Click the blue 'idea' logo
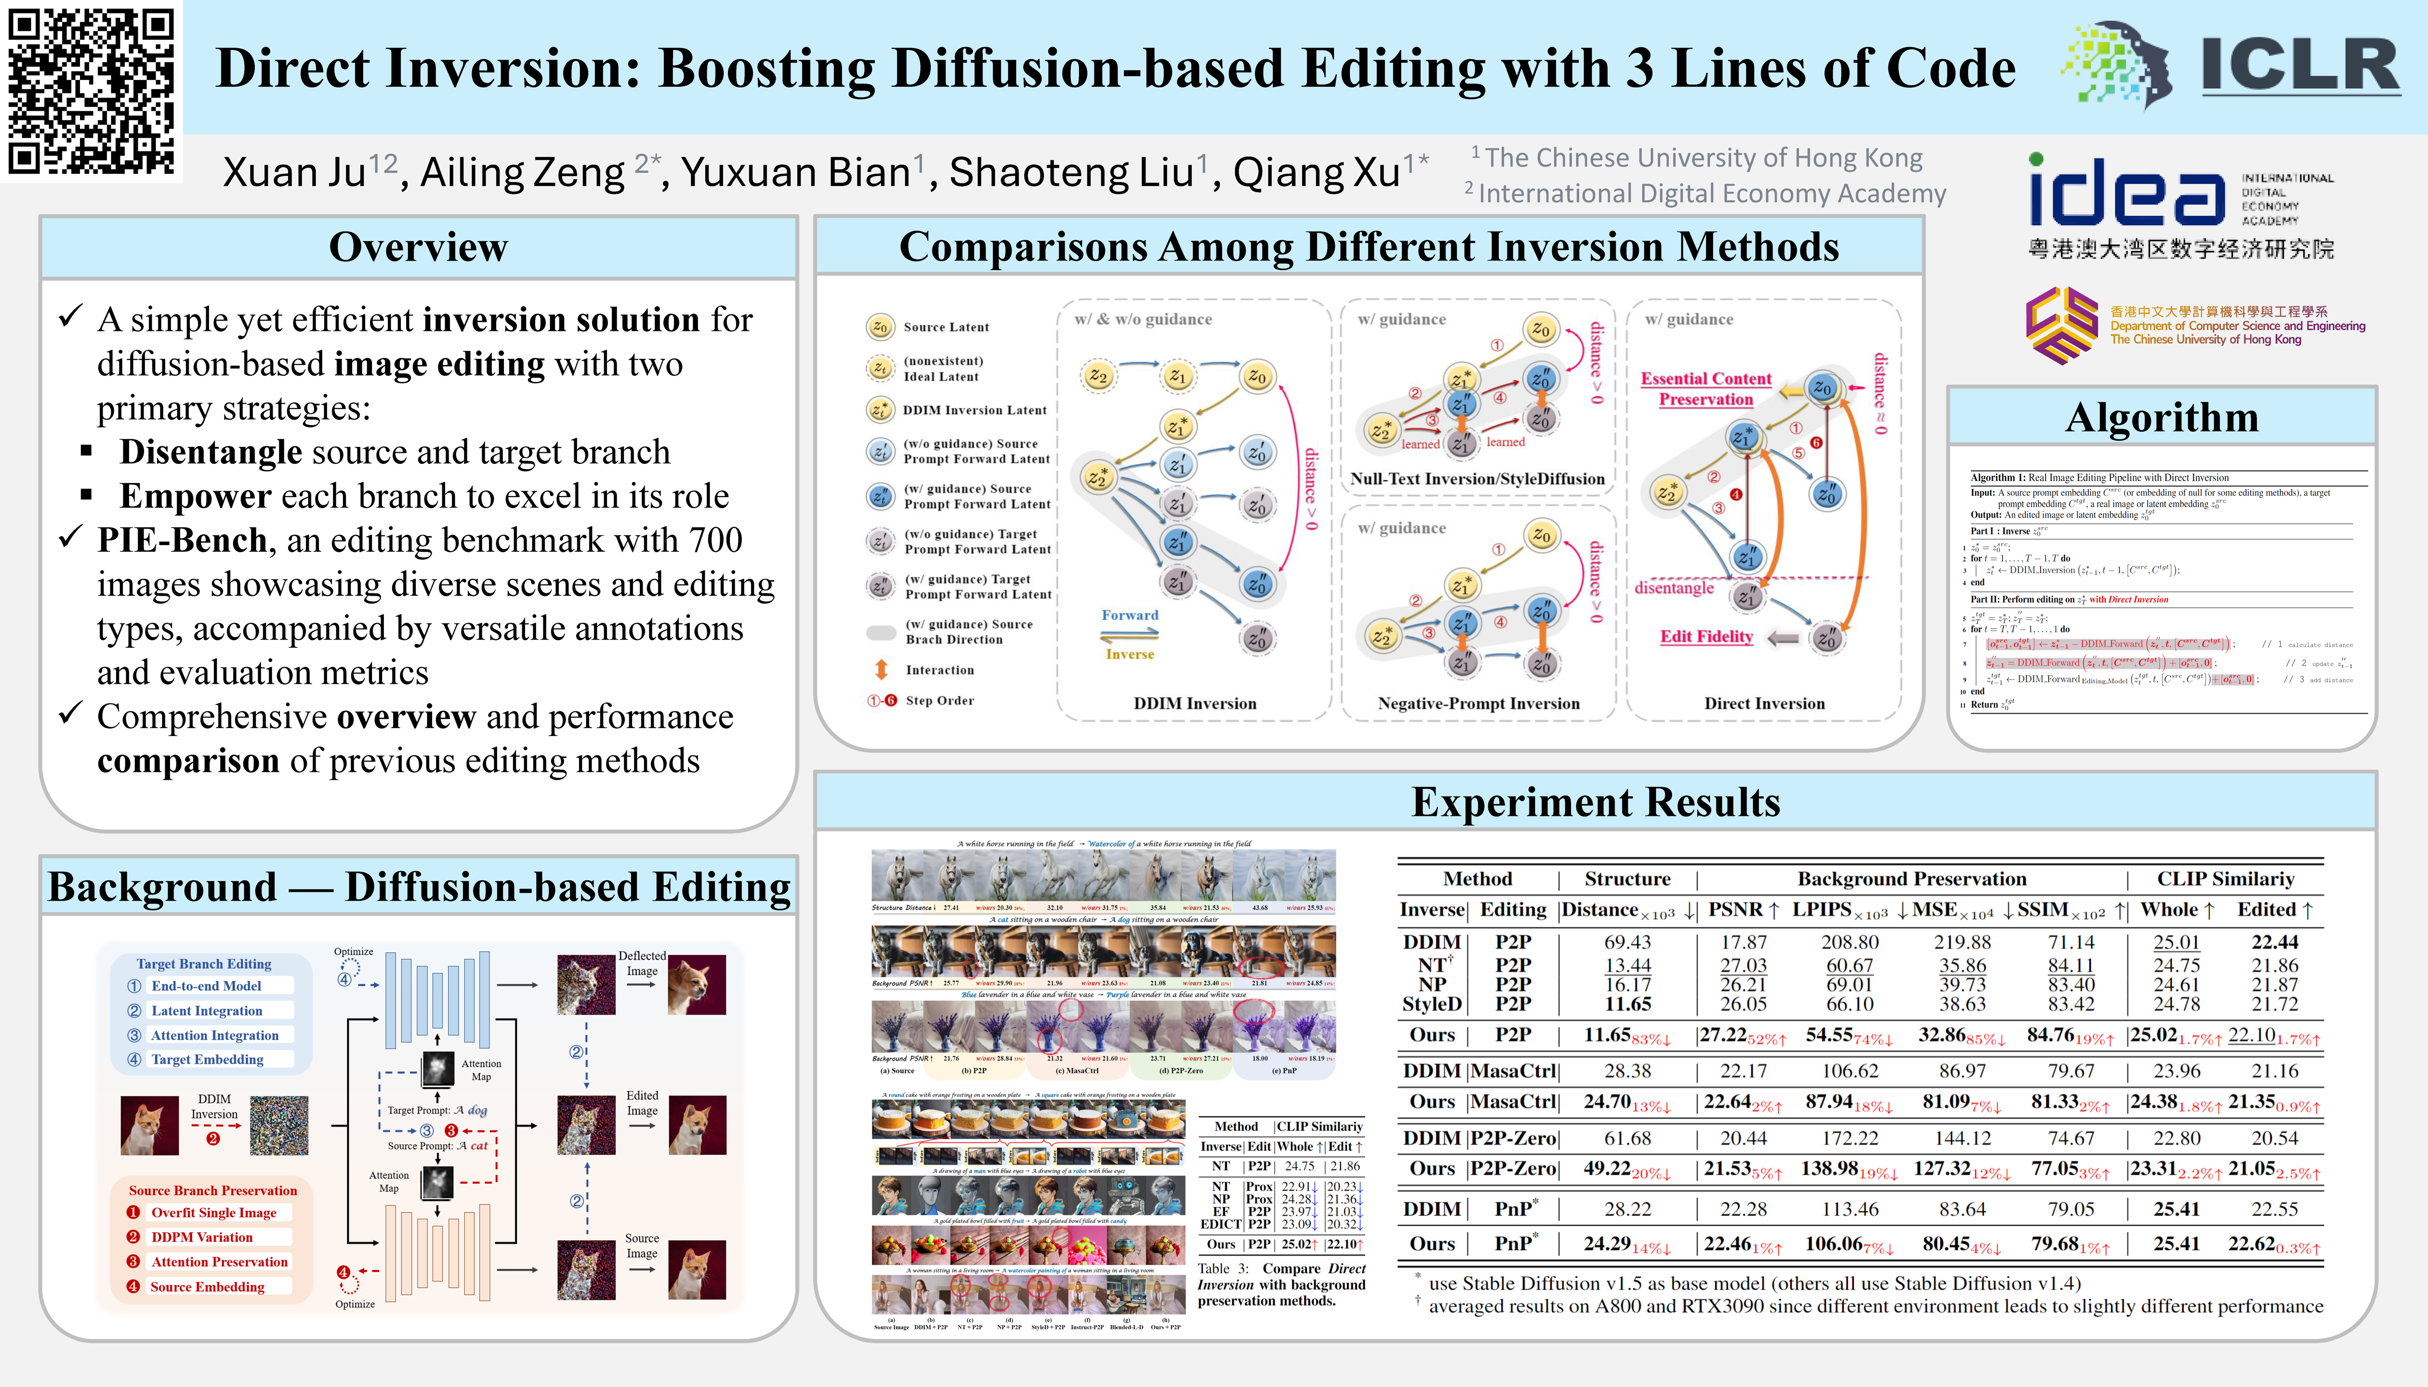point(2125,195)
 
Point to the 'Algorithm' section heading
point(2161,417)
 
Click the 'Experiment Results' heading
point(1595,802)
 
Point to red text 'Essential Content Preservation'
point(1706,389)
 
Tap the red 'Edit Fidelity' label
point(1706,636)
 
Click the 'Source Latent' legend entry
point(945,327)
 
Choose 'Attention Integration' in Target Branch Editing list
point(214,1035)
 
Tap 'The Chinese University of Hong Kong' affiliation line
point(1703,158)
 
